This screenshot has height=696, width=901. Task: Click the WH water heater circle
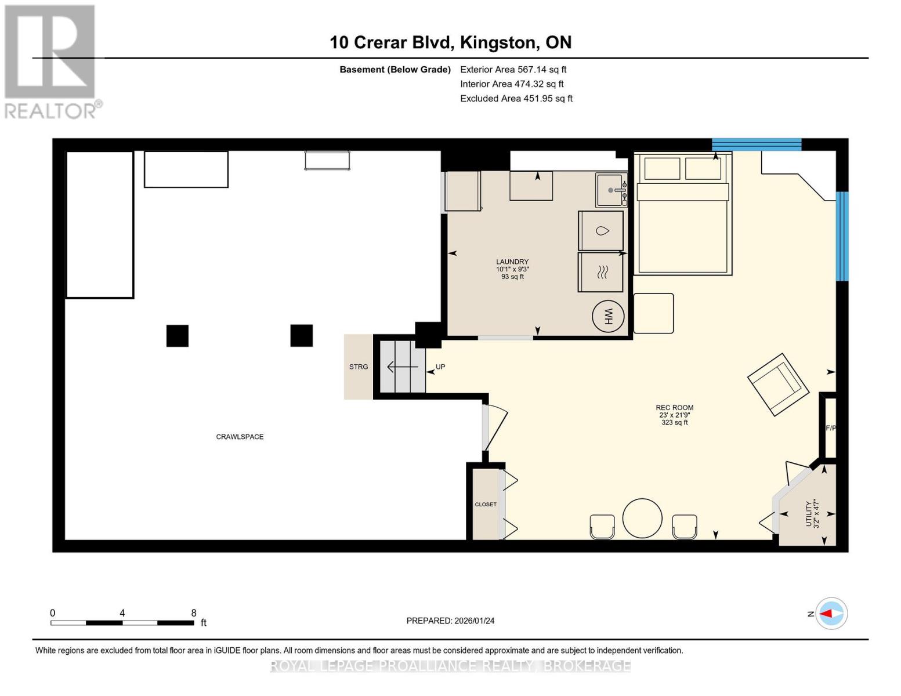click(608, 316)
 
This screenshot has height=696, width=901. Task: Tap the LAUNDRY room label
click(512, 262)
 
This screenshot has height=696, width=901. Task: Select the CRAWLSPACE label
click(240, 437)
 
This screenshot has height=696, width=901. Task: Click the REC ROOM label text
click(675, 408)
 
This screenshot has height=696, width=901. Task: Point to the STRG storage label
click(358, 367)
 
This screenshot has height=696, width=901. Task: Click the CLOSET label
click(486, 505)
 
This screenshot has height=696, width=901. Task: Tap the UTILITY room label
click(809, 514)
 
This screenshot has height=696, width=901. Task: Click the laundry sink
click(611, 190)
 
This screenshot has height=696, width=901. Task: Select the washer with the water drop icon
click(601, 231)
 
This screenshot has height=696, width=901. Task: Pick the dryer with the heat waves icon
click(601, 272)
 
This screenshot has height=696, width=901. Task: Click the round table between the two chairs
click(642, 518)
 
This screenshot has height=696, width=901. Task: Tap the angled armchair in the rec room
click(778, 385)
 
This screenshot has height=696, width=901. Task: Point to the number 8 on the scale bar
click(194, 612)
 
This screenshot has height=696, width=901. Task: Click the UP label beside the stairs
click(440, 367)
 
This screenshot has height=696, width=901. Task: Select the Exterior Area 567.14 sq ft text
click(513, 70)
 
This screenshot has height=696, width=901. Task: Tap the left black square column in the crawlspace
click(178, 336)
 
